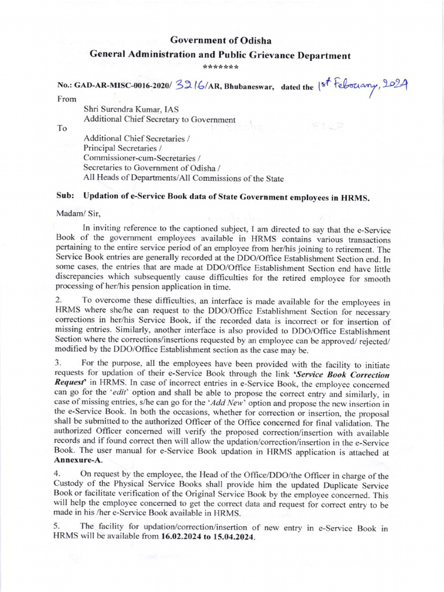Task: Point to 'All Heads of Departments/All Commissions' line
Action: coord(184,179)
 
